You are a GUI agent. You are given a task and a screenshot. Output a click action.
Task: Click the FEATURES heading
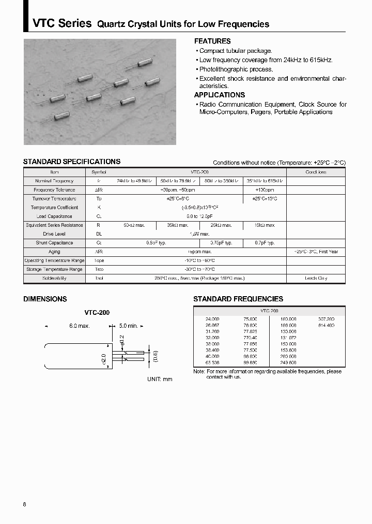[x=212, y=41]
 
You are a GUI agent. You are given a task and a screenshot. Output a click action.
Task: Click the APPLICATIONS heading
[x=219, y=95]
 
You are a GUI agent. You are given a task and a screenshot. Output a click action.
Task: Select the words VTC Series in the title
[x=62, y=23]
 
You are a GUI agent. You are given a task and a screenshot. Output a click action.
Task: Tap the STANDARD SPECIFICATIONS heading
[x=71, y=162]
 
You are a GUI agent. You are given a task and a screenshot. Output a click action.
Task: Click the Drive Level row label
[x=54, y=234]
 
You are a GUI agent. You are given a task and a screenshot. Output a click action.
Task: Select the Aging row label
[x=54, y=252]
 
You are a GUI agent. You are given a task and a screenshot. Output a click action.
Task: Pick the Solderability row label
[x=54, y=278]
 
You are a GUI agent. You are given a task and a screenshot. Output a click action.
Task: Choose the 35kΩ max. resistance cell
[x=178, y=225]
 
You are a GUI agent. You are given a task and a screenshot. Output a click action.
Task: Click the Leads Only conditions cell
[x=316, y=278]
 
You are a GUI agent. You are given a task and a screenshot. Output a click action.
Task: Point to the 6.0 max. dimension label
[x=80, y=326]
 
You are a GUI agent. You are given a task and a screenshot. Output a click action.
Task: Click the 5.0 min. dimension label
[x=128, y=326]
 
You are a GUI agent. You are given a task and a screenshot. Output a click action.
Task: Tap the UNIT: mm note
[x=160, y=379]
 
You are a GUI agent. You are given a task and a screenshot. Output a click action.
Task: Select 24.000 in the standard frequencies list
[x=212, y=319]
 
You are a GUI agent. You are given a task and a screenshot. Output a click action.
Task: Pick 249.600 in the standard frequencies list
[x=288, y=363]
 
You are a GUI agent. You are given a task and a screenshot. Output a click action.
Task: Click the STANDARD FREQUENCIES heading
[x=238, y=299]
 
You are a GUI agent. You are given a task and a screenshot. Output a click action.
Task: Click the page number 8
[x=25, y=490]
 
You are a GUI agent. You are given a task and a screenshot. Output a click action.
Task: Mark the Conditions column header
[x=316, y=172]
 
